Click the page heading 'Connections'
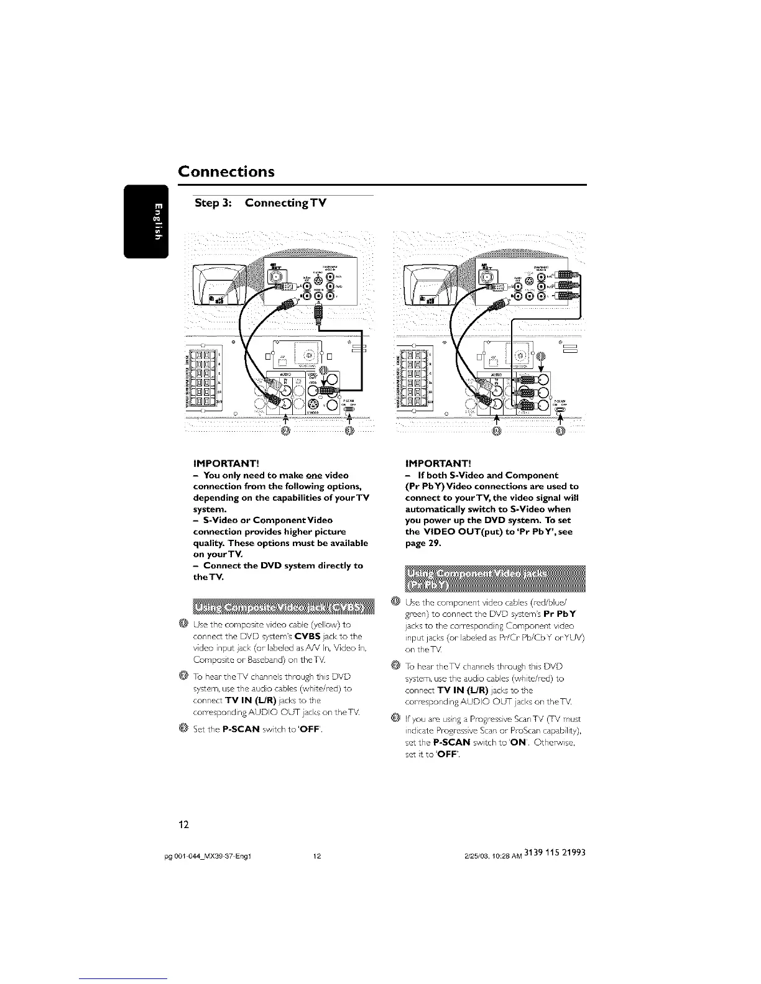coord(226,171)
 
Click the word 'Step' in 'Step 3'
coord(210,203)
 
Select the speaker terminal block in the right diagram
coord(415,378)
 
